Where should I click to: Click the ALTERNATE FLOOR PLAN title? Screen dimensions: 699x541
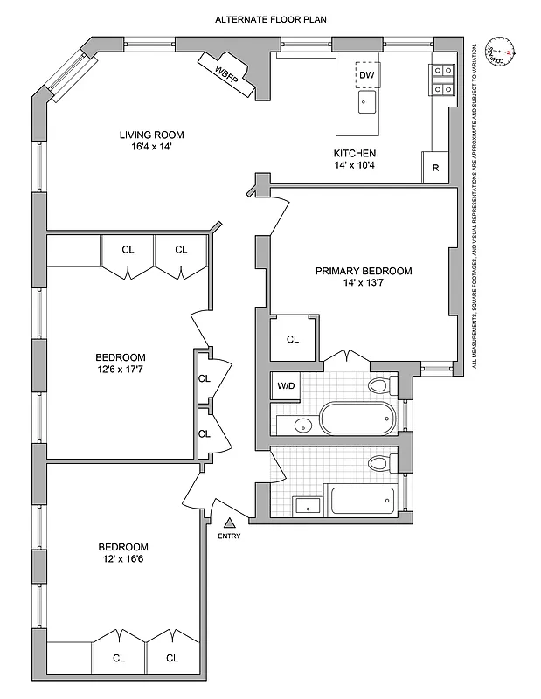coord(273,18)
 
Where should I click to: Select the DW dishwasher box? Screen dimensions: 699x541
coord(367,75)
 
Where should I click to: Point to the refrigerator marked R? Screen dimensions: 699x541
coord(434,168)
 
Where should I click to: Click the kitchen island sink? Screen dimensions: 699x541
coord(366,105)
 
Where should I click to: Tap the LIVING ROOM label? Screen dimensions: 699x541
coord(152,135)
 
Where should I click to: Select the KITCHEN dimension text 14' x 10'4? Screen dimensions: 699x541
coord(354,165)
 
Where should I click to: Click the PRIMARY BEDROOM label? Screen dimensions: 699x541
coord(363,271)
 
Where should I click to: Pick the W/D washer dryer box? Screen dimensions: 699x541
coord(286,385)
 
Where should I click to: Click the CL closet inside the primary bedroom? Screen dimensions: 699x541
coord(293,339)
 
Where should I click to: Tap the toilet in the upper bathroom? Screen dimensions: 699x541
coord(380,386)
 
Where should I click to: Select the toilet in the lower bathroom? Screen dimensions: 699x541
coord(380,463)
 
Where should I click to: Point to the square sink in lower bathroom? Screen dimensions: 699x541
coord(307,505)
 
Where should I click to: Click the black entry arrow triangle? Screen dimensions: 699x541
coord(230,523)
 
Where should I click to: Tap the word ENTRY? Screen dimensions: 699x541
coord(229,536)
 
